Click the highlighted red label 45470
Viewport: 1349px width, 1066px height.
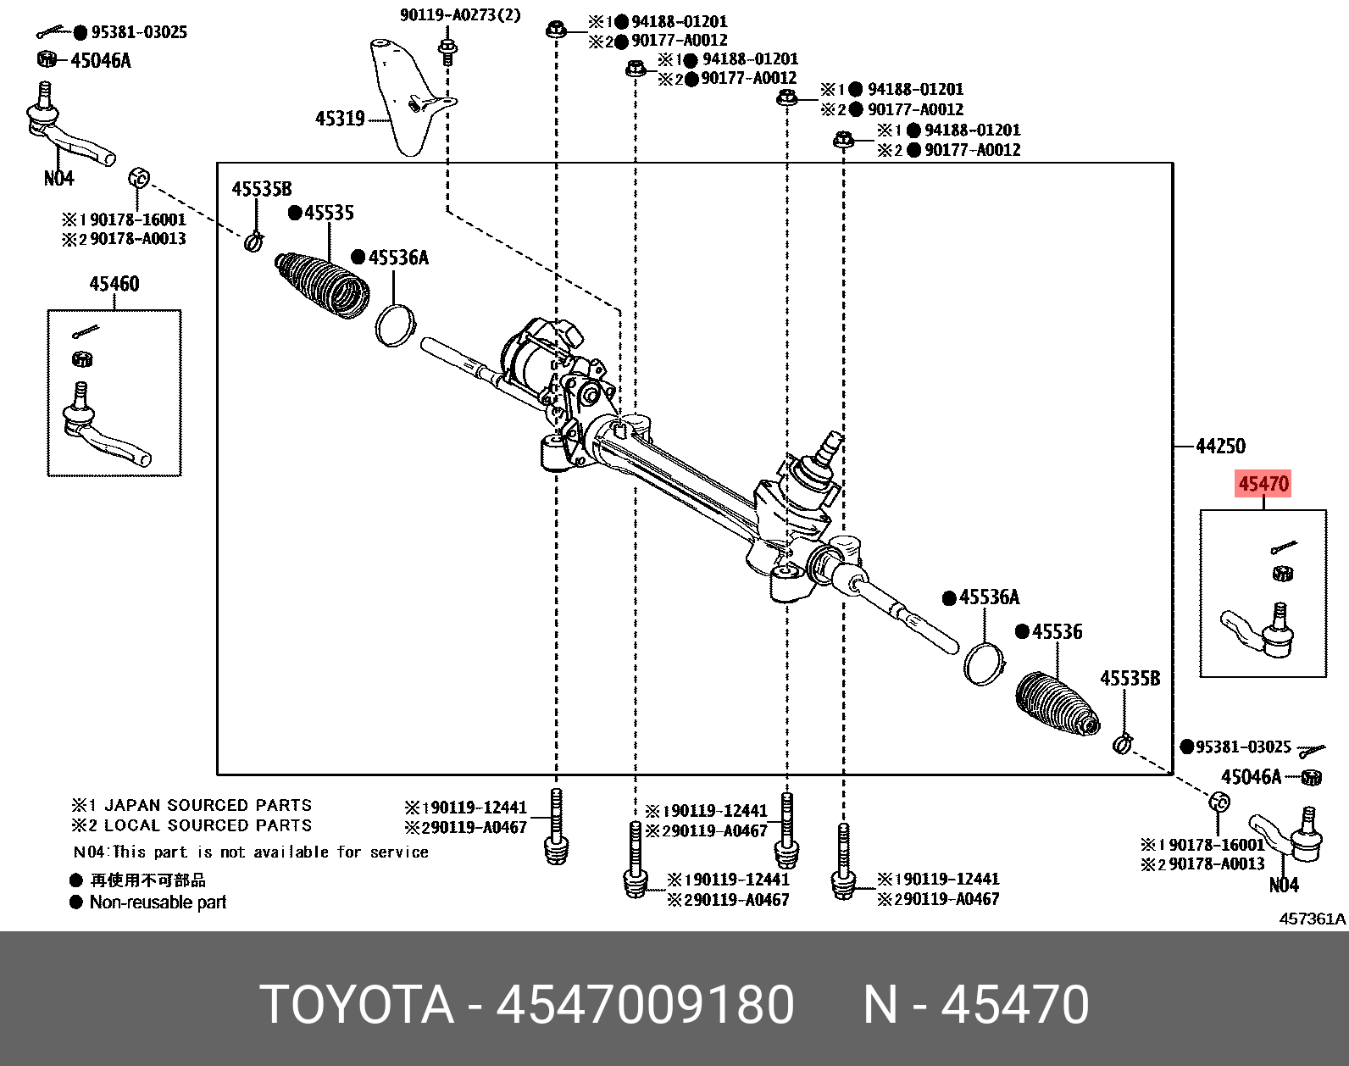(1263, 484)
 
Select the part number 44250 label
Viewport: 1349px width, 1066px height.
(1220, 446)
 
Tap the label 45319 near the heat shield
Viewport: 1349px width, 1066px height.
(340, 119)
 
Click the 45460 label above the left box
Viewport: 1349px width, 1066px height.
(114, 284)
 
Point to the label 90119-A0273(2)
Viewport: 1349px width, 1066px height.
(461, 15)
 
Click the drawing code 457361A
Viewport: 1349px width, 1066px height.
(1312, 919)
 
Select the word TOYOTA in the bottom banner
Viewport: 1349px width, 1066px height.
(357, 1005)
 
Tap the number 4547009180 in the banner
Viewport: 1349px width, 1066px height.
(645, 1005)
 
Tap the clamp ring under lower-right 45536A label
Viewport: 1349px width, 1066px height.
(983, 663)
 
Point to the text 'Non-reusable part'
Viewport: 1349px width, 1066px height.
(158, 902)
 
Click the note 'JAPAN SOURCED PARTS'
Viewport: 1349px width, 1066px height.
(207, 805)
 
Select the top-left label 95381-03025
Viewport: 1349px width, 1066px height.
(139, 32)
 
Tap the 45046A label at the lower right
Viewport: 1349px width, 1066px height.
(1251, 777)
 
